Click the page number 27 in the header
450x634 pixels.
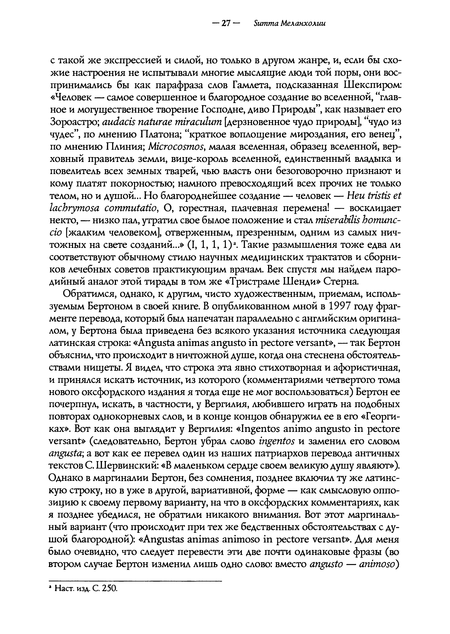coord(226,24)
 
